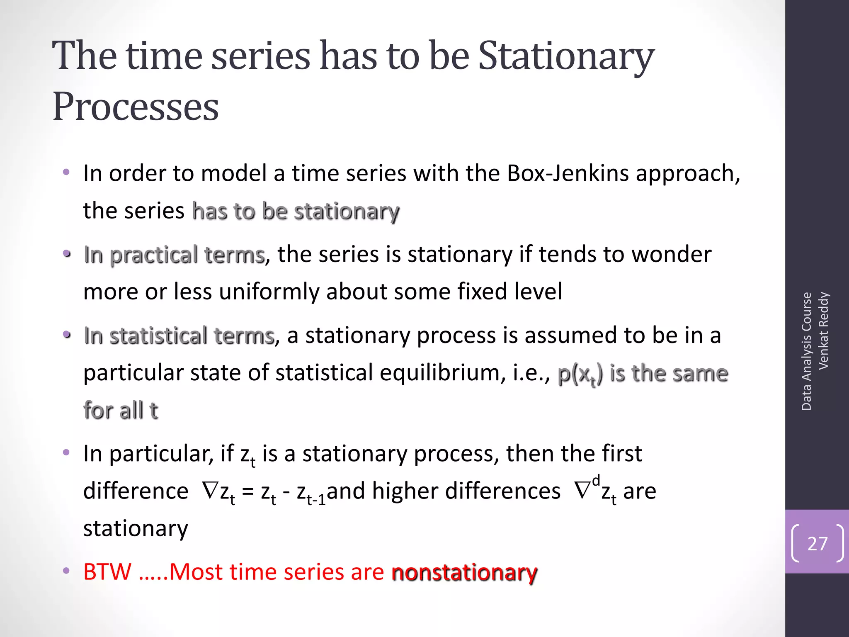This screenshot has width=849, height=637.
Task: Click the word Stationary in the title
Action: click(x=566, y=56)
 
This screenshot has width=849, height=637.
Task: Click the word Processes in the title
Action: click(x=136, y=107)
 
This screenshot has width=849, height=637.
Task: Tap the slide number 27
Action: click(x=817, y=544)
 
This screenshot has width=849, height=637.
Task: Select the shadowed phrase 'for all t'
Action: click(x=121, y=411)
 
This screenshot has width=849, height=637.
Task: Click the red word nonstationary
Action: click(x=464, y=572)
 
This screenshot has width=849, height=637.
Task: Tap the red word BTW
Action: click(x=107, y=572)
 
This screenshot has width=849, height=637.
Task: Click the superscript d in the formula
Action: click(x=596, y=480)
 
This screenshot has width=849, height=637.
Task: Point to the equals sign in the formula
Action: click(x=247, y=492)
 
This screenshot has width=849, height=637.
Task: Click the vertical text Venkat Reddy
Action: click(x=823, y=331)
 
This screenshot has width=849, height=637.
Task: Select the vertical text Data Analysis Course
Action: click(x=806, y=351)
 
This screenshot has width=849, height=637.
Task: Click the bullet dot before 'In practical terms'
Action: click(x=67, y=253)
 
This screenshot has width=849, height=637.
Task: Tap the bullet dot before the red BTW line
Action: click(x=66, y=571)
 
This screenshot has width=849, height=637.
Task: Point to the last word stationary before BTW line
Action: click(x=136, y=529)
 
